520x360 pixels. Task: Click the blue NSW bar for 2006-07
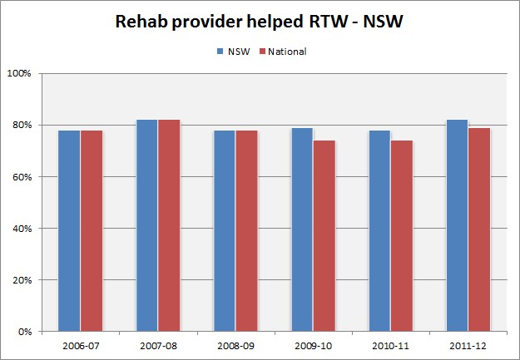click(x=70, y=230)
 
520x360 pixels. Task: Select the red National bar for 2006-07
click(x=92, y=230)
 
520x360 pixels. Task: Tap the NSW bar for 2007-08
click(x=147, y=225)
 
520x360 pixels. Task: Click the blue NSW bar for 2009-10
click(x=302, y=229)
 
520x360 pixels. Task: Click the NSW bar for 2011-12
click(x=457, y=225)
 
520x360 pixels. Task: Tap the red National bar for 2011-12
click(x=478, y=229)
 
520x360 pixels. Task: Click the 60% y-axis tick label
click(x=21, y=177)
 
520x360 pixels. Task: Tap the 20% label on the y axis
click(x=21, y=280)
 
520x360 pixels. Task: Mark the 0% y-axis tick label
click(x=23, y=332)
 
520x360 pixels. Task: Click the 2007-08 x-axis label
click(x=158, y=344)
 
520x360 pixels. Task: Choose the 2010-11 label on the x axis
click(x=390, y=344)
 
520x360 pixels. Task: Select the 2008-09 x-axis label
click(x=235, y=344)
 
